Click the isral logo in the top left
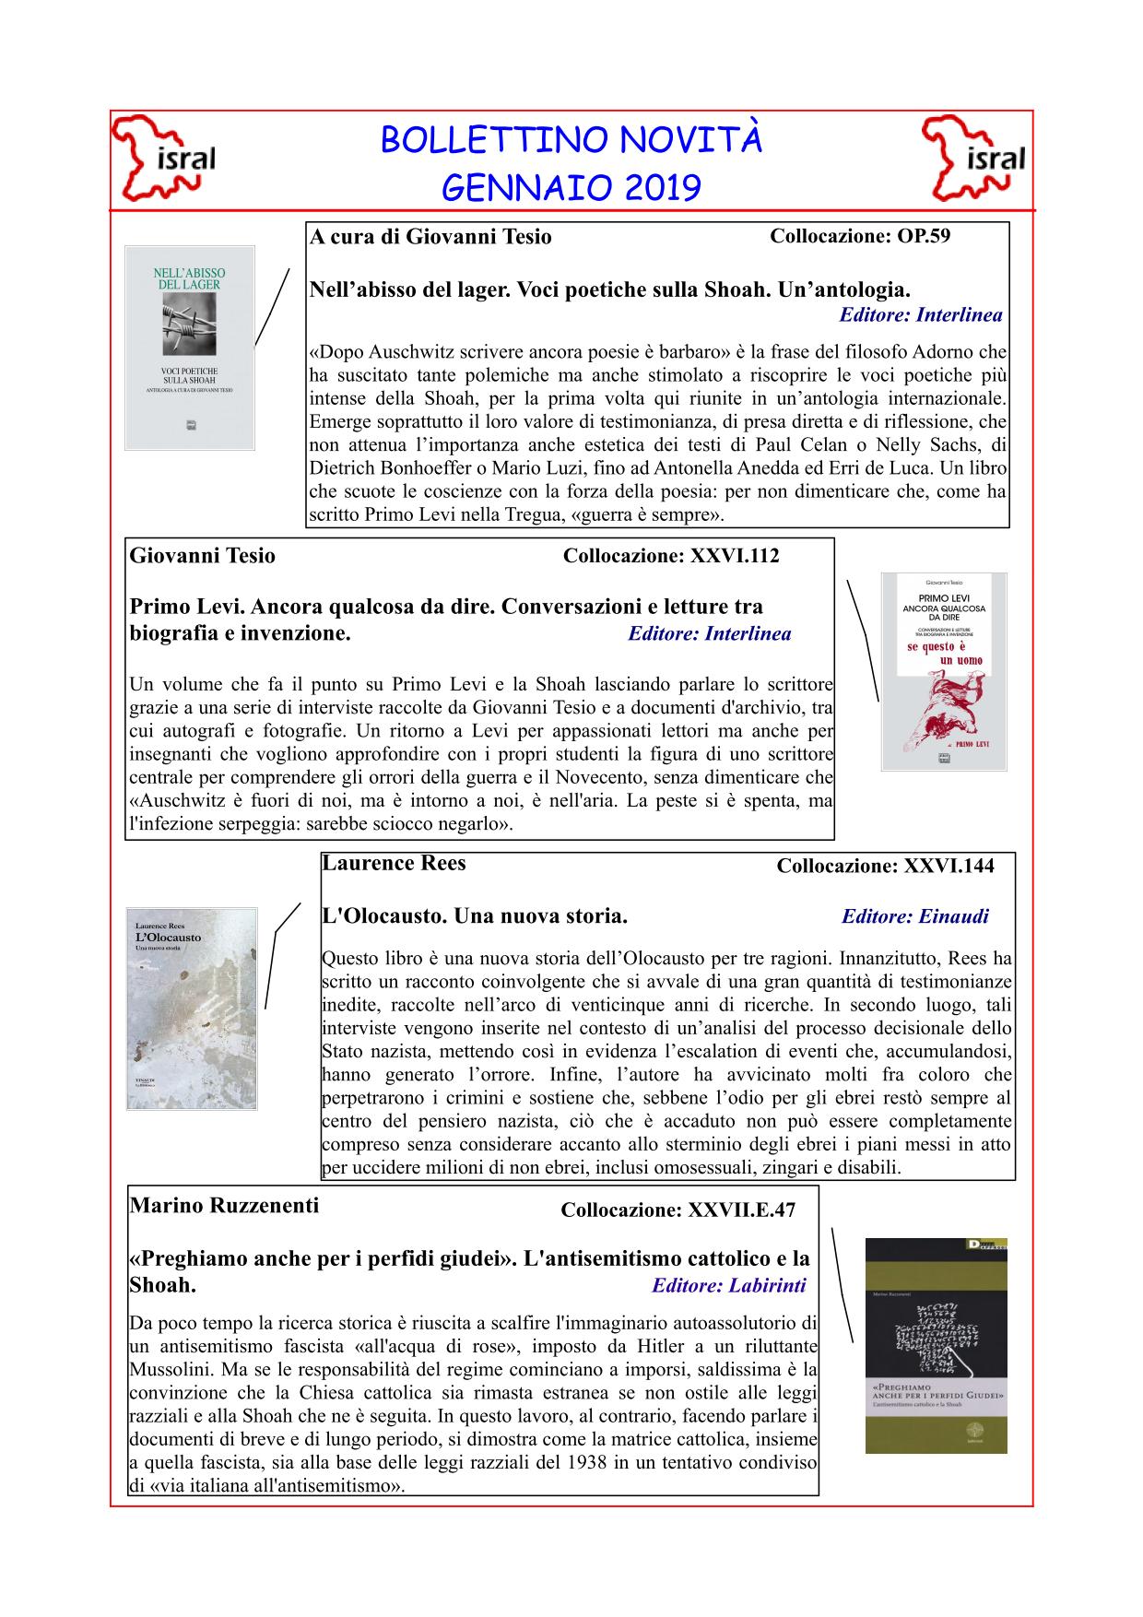click(x=164, y=159)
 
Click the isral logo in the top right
click(x=975, y=159)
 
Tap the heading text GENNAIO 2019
click(x=571, y=189)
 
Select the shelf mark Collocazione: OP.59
click(x=859, y=236)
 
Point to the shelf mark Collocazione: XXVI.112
click(x=670, y=556)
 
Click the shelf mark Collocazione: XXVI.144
click(x=885, y=866)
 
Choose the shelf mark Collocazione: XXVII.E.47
click(x=678, y=1210)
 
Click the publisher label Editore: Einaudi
click(x=914, y=916)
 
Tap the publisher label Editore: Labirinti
click(x=728, y=1285)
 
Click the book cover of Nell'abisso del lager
click(x=190, y=348)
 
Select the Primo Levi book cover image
click(x=943, y=671)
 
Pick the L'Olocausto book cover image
click(x=192, y=1008)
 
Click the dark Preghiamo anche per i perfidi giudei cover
click(x=936, y=1345)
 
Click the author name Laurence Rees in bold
click(x=395, y=864)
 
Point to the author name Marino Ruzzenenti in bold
click(x=224, y=1205)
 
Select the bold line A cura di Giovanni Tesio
click(x=430, y=237)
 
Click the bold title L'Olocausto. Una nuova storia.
click(x=475, y=916)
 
